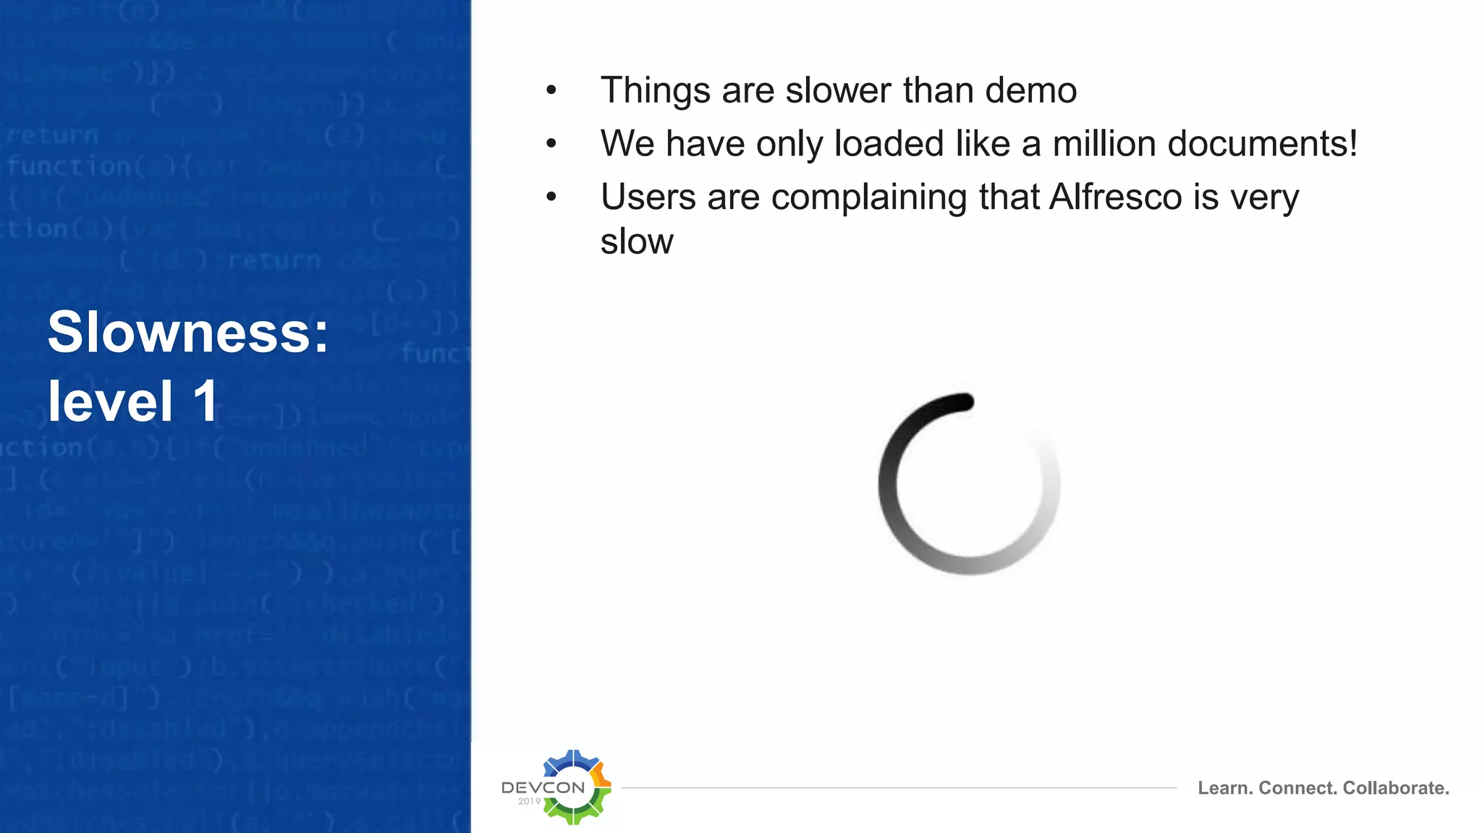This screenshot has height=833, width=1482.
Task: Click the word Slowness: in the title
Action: click(188, 332)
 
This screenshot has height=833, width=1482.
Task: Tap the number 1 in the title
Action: click(206, 401)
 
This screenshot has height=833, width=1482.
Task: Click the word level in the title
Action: click(111, 401)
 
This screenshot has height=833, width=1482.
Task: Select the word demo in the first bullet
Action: click(1030, 90)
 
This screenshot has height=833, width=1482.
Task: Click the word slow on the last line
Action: click(637, 242)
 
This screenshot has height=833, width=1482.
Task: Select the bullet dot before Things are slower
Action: click(551, 90)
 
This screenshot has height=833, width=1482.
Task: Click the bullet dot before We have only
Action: click(551, 143)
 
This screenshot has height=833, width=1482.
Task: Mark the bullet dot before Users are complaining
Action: click(551, 197)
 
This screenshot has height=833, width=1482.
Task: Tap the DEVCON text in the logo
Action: click(543, 787)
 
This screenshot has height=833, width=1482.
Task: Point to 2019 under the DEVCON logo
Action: click(529, 801)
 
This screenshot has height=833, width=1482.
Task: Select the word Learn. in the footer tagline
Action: click(1224, 788)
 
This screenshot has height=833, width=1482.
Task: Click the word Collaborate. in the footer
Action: click(1396, 788)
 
